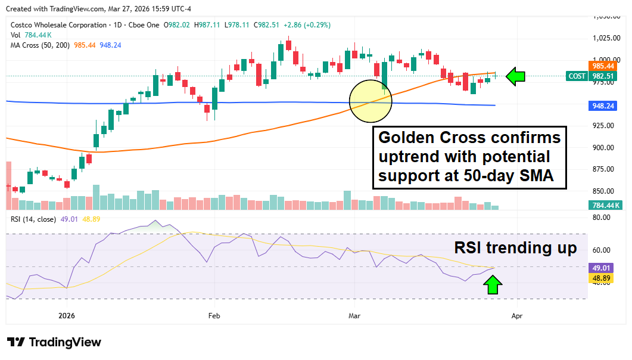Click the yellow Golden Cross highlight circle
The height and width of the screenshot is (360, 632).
(x=371, y=101)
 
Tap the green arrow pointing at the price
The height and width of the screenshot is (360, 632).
(x=516, y=76)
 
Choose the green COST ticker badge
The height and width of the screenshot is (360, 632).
(x=577, y=76)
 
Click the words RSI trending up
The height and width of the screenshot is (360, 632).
(x=515, y=248)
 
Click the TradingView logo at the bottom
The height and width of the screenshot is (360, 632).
(x=54, y=342)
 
